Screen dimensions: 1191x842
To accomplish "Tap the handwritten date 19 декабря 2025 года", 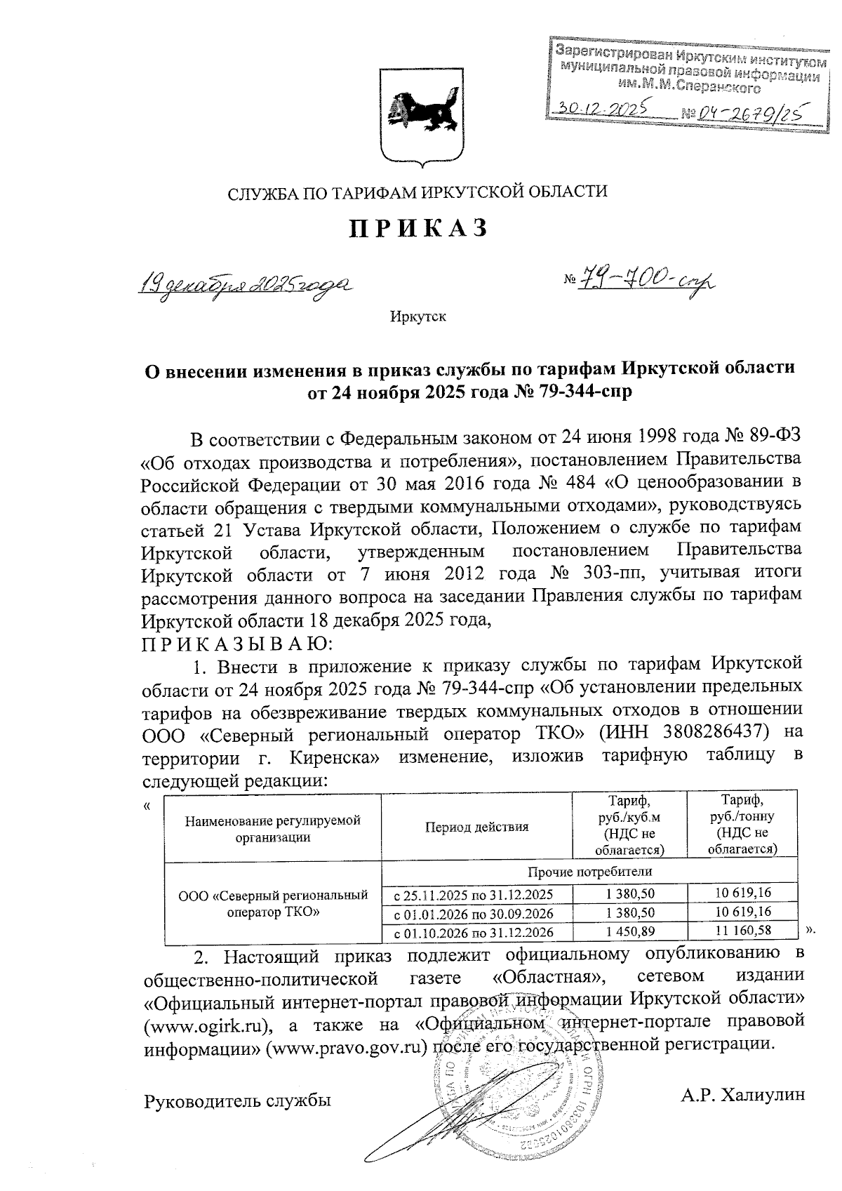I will point(245,285).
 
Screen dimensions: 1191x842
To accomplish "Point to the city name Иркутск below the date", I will point(418,317).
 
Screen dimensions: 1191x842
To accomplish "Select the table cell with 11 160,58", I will point(742,931).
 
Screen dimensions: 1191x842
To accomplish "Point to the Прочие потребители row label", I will point(589,872).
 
